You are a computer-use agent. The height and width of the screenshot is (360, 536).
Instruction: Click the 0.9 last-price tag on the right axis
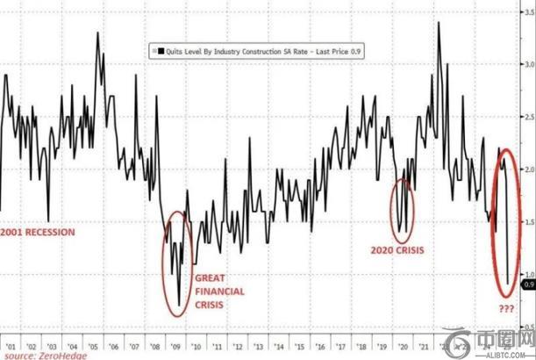pyautogui.click(x=527, y=284)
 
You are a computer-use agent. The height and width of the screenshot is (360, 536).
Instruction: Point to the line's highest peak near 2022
pyautogui.click(x=438, y=22)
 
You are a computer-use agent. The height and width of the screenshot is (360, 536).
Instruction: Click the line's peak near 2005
pyautogui.click(x=96, y=33)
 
